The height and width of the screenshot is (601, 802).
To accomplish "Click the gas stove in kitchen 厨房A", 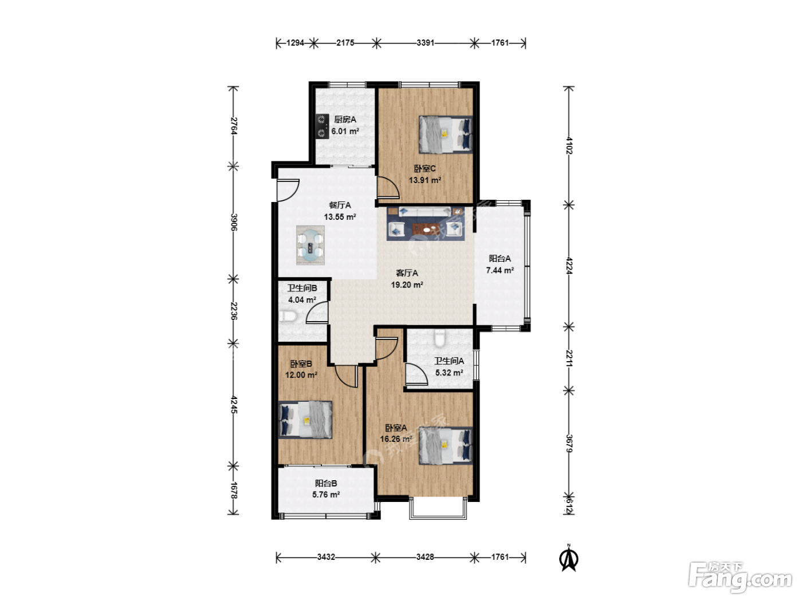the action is [322, 126].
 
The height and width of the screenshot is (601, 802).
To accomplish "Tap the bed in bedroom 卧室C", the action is [446, 135].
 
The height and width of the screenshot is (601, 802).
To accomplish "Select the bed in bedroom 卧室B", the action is [305, 420].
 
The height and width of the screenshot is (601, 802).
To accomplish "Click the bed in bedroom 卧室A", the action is [446, 445].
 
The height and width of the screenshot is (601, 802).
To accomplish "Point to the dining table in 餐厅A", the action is [310, 245].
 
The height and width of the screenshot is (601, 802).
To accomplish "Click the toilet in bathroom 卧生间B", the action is [287, 316].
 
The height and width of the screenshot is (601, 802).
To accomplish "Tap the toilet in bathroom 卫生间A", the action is [439, 339].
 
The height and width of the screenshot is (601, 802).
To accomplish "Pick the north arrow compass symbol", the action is [568, 558].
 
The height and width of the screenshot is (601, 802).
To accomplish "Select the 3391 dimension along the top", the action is [425, 43].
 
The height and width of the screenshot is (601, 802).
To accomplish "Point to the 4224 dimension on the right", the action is [569, 266].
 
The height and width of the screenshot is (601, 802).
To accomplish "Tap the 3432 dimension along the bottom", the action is [326, 557].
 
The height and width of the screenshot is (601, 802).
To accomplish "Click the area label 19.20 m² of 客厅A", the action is [407, 284].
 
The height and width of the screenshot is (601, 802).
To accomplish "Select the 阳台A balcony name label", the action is [500, 259].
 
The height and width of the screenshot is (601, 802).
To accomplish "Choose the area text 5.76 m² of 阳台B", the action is [326, 495].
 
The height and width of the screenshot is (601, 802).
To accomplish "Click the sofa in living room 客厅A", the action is [424, 212].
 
